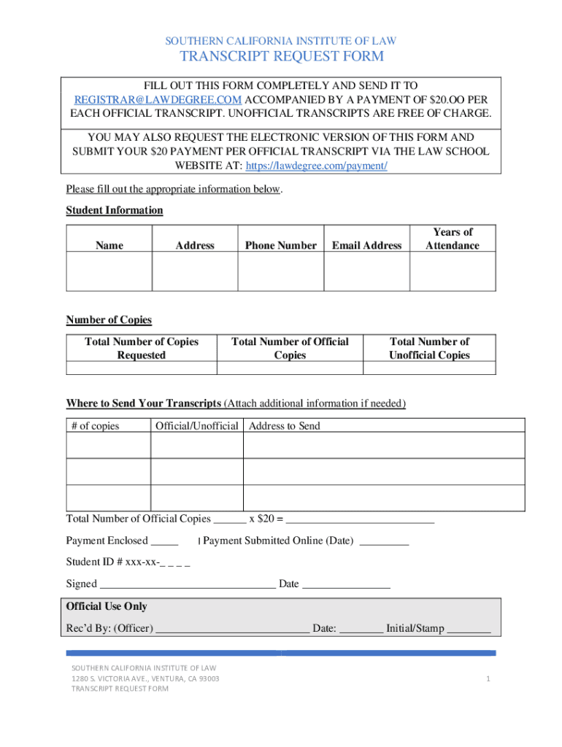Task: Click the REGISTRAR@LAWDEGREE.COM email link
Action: [158, 100]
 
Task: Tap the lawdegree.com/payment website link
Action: [316, 166]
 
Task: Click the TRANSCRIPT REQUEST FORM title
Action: [282, 57]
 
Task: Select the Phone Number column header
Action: [280, 246]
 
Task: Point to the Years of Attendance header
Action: [453, 239]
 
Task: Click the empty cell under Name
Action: [109, 271]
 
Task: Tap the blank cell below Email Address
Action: [366, 271]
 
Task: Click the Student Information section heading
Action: [115, 210]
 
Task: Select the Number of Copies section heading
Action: [109, 320]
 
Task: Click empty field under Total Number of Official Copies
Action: [290, 368]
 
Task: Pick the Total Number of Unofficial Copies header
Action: [429, 348]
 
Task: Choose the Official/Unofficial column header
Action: [196, 426]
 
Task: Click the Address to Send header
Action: [285, 426]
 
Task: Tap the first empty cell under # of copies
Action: [109, 446]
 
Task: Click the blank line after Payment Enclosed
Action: [164, 542]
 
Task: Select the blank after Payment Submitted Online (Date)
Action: [385, 542]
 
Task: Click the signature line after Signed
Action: [187, 584]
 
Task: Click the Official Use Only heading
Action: [107, 606]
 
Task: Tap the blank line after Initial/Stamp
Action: [469, 629]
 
